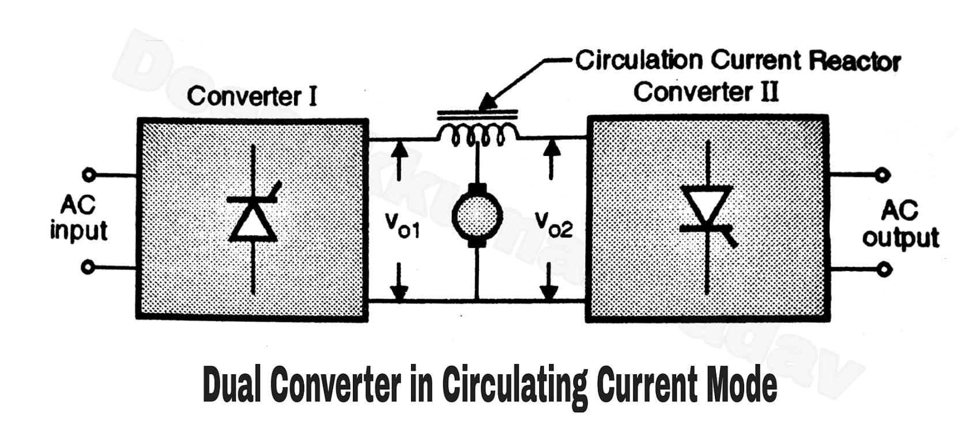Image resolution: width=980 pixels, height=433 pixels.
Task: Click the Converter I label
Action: [252, 96]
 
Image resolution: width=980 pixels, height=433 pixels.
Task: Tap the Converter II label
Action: [706, 92]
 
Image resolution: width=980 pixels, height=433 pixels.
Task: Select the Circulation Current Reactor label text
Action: [737, 60]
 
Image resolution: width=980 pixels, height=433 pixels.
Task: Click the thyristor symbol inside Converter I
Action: [254, 219]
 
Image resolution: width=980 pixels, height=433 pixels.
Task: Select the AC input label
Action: [78, 218]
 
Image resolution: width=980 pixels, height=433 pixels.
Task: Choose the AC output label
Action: [900, 225]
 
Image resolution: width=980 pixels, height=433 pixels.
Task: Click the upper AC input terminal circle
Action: [88, 174]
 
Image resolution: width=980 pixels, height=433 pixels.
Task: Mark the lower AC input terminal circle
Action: [88, 267]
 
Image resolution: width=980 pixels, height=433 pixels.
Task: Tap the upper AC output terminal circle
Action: [882, 174]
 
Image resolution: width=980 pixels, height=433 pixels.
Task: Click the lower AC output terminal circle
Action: [884, 268]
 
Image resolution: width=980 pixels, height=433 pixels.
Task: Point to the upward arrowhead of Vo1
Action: [399, 148]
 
